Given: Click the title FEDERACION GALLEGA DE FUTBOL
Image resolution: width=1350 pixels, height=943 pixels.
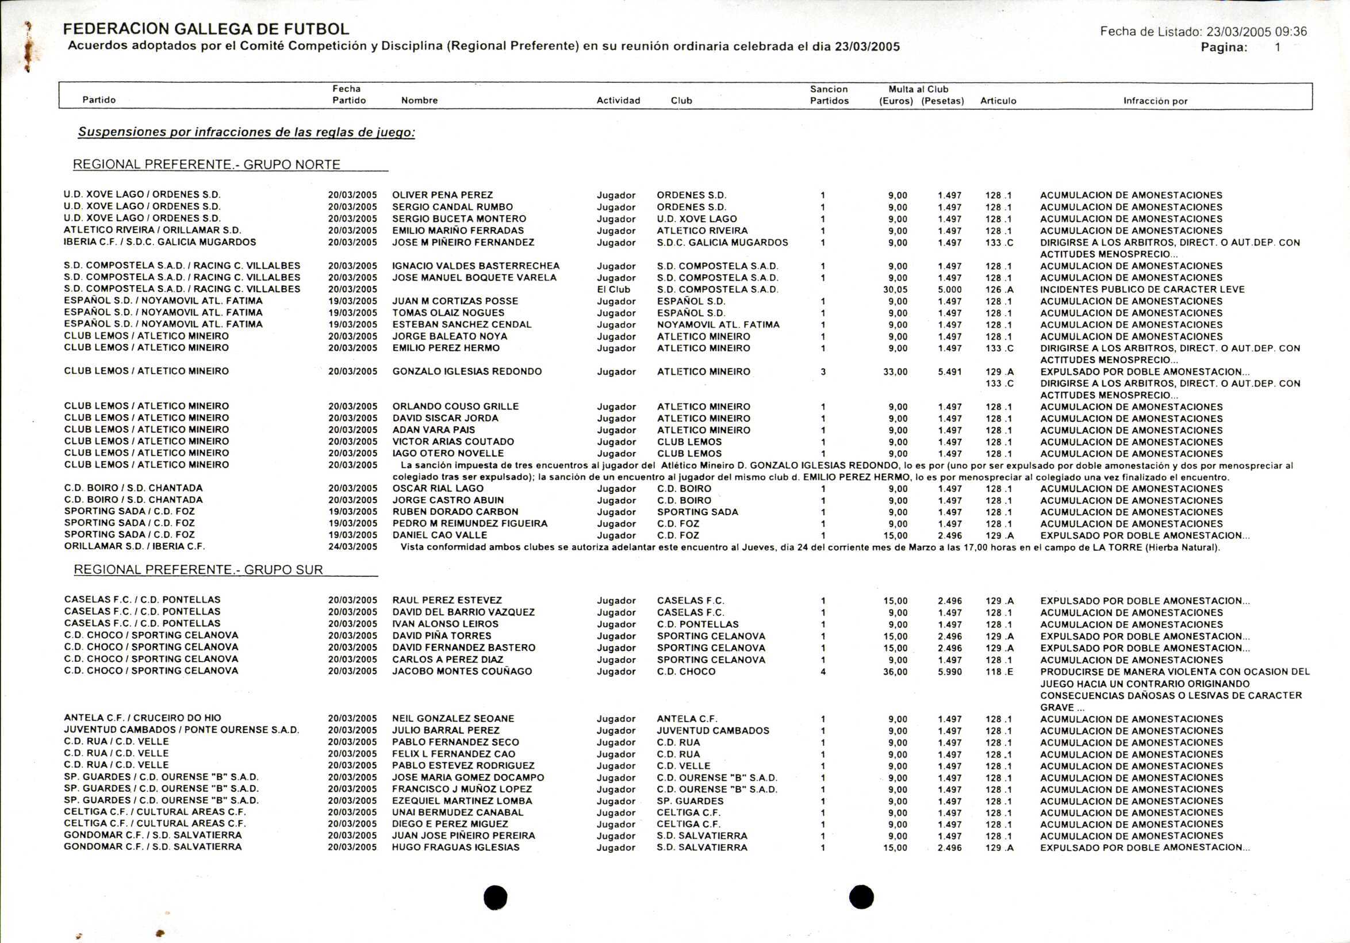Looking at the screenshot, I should [206, 29].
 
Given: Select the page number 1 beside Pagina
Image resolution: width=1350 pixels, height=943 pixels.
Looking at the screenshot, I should [1278, 48].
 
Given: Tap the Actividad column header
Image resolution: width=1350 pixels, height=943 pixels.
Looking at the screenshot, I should [618, 101].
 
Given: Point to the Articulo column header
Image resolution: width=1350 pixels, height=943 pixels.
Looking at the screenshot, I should [998, 101].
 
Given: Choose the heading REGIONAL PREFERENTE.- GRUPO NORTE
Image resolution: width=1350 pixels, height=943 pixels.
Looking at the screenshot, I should [206, 164].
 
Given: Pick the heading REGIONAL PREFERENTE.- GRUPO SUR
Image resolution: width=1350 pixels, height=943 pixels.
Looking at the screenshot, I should [198, 570].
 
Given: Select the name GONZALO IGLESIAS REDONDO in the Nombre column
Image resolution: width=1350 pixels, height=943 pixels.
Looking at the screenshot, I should [467, 371].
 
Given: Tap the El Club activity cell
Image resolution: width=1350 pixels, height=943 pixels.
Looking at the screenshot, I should [613, 289].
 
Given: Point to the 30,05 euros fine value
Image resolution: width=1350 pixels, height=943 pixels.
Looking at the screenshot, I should [895, 289].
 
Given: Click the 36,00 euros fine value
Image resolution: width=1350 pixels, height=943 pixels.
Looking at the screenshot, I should [895, 672].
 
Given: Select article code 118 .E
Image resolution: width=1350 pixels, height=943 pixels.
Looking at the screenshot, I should [999, 672].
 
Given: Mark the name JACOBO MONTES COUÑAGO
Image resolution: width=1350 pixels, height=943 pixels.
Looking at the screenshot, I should [462, 672].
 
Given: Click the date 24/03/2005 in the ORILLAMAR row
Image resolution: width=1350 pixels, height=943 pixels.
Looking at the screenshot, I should [352, 547].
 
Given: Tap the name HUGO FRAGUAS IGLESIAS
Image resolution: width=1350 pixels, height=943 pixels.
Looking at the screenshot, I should [456, 847].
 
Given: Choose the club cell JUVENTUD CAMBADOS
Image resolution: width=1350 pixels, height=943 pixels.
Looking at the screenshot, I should [712, 731].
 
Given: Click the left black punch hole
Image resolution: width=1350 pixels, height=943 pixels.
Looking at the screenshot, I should [495, 897].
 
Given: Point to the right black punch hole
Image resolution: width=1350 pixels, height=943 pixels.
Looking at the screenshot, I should [861, 897].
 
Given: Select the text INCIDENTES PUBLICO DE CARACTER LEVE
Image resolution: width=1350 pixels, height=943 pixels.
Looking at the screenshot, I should [1142, 289].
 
